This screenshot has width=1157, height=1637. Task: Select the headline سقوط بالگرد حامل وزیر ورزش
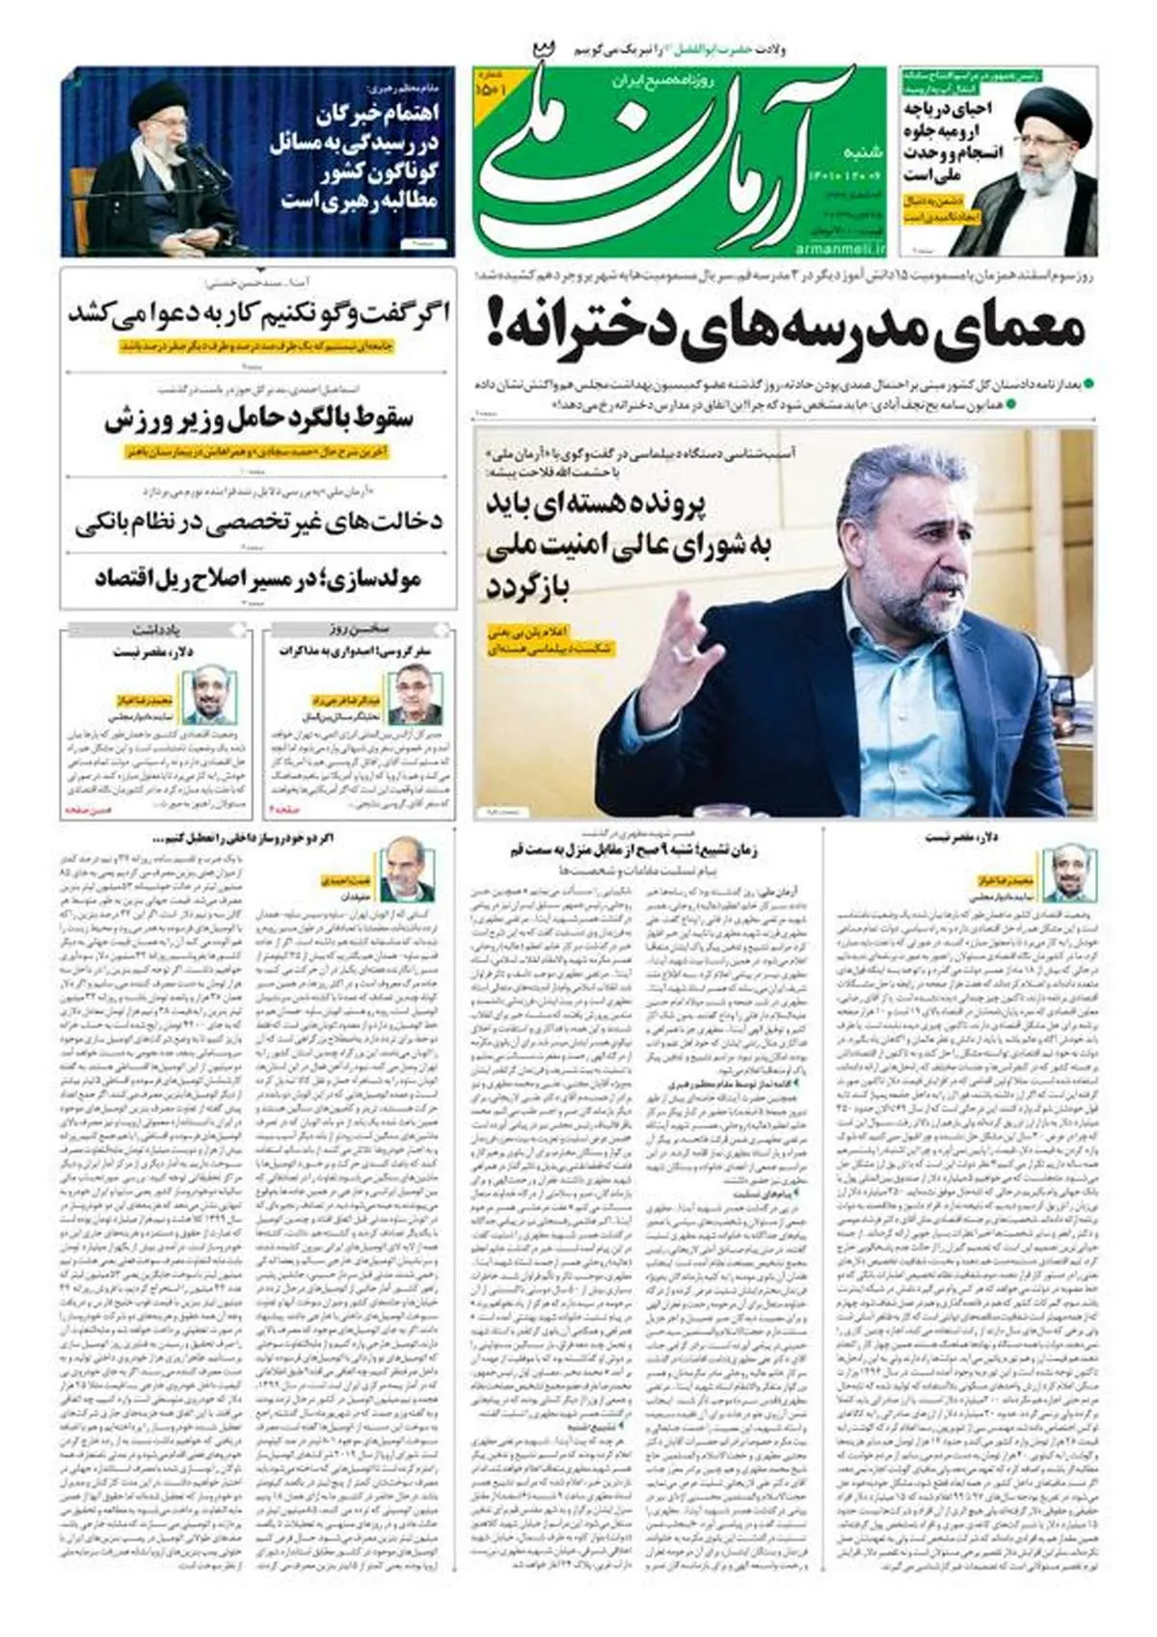pyautogui.click(x=257, y=420)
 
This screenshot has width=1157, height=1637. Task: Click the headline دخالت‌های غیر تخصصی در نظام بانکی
pyautogui.click(x=258, y=522)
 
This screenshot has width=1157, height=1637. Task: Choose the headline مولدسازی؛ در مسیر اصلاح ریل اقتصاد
pyautogui.click(x=257, y=578)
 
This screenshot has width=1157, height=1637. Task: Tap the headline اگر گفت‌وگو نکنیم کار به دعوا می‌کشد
pyautogui.click(x=257, y=314)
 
